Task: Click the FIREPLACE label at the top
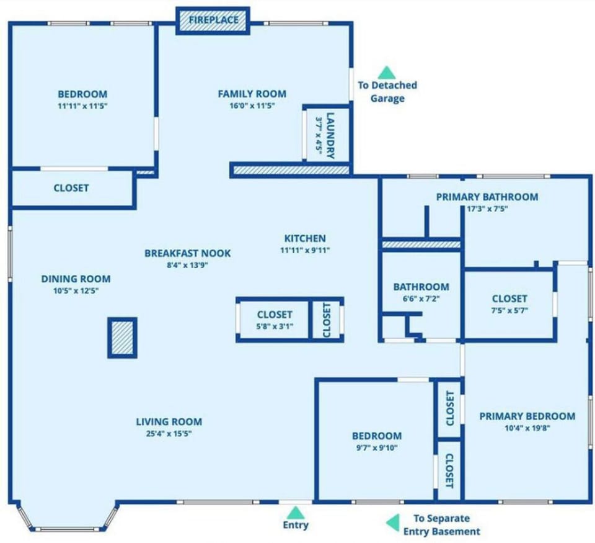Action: [x=213, y=20]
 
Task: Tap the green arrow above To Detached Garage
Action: [x=386, y=72]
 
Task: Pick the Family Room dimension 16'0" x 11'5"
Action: [x=252, y=106]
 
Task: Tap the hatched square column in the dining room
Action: [x=122, y=338]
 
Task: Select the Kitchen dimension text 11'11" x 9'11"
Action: [x=304, y=251]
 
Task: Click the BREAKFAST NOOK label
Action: [x=187, y=253]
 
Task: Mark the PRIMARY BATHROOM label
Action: [x=487, y=197]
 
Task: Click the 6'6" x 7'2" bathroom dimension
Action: [x=421, y=298]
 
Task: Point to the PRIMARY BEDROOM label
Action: [x=527, y=416]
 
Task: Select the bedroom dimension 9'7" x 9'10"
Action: [x=377, y=447]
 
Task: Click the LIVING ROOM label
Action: [x=169, y=422]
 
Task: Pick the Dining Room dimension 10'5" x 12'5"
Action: [x=76, y=290]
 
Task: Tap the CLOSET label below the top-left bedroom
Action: [x=71, y=187]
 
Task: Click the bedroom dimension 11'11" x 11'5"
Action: [x=82, y=106]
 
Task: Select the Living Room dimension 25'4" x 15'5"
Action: [x=169, y=434]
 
